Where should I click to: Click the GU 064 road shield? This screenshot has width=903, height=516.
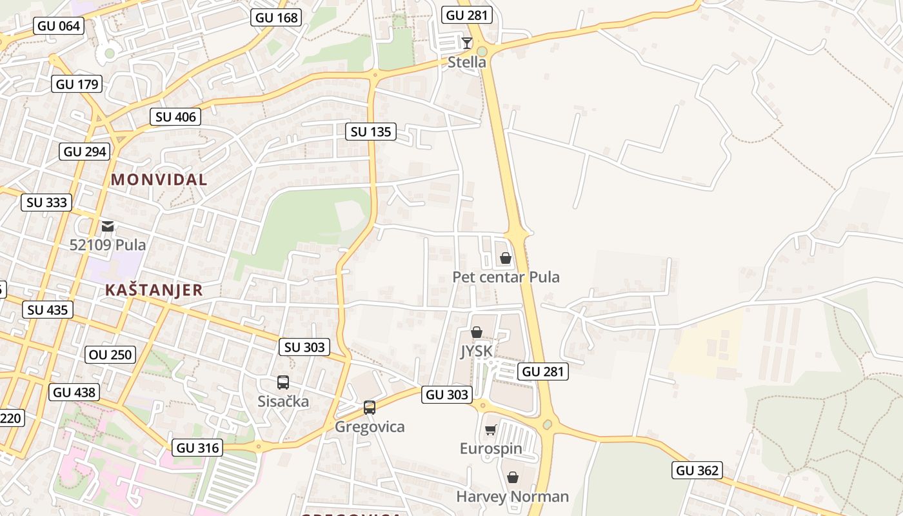click(x=59, y=26)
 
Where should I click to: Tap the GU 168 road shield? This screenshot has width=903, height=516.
click(x=277, y=17)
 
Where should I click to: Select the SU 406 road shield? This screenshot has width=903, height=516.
click(x=176, y=117)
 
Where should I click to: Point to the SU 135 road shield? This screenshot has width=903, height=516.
click(x=371, y=132)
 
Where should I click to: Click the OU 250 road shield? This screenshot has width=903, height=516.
click(x=110, y=354)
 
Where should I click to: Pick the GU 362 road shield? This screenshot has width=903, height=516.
click(x=697, y=470)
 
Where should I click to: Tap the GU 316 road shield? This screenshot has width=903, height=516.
click(x=197, y=447)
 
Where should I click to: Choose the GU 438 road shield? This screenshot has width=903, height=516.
click(x=74, y=392)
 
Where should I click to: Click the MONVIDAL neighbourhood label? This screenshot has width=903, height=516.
click(x=159, y=179)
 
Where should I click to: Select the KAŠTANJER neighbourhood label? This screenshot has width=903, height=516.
click(x=154, y=290)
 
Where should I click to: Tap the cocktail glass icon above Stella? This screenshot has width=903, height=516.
click(x=467, y=43)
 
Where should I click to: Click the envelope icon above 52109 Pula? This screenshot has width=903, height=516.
click(x=108, y=226)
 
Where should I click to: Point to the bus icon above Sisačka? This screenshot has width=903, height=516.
click(x=283, y=382)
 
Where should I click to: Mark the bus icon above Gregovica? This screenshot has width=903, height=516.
click(x=370, y=408)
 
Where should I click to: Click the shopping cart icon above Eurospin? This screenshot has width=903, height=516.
click(x=491, y=430)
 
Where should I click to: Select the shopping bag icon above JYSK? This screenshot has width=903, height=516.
click(x=477, y=332)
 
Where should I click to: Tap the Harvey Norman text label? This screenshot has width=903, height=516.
click(x=512, y=497)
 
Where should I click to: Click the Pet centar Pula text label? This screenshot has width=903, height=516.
click(x=506, y=277)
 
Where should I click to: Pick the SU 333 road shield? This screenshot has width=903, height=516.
click(x=47, y=202)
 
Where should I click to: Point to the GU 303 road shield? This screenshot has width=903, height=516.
click(x=447, y=394)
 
